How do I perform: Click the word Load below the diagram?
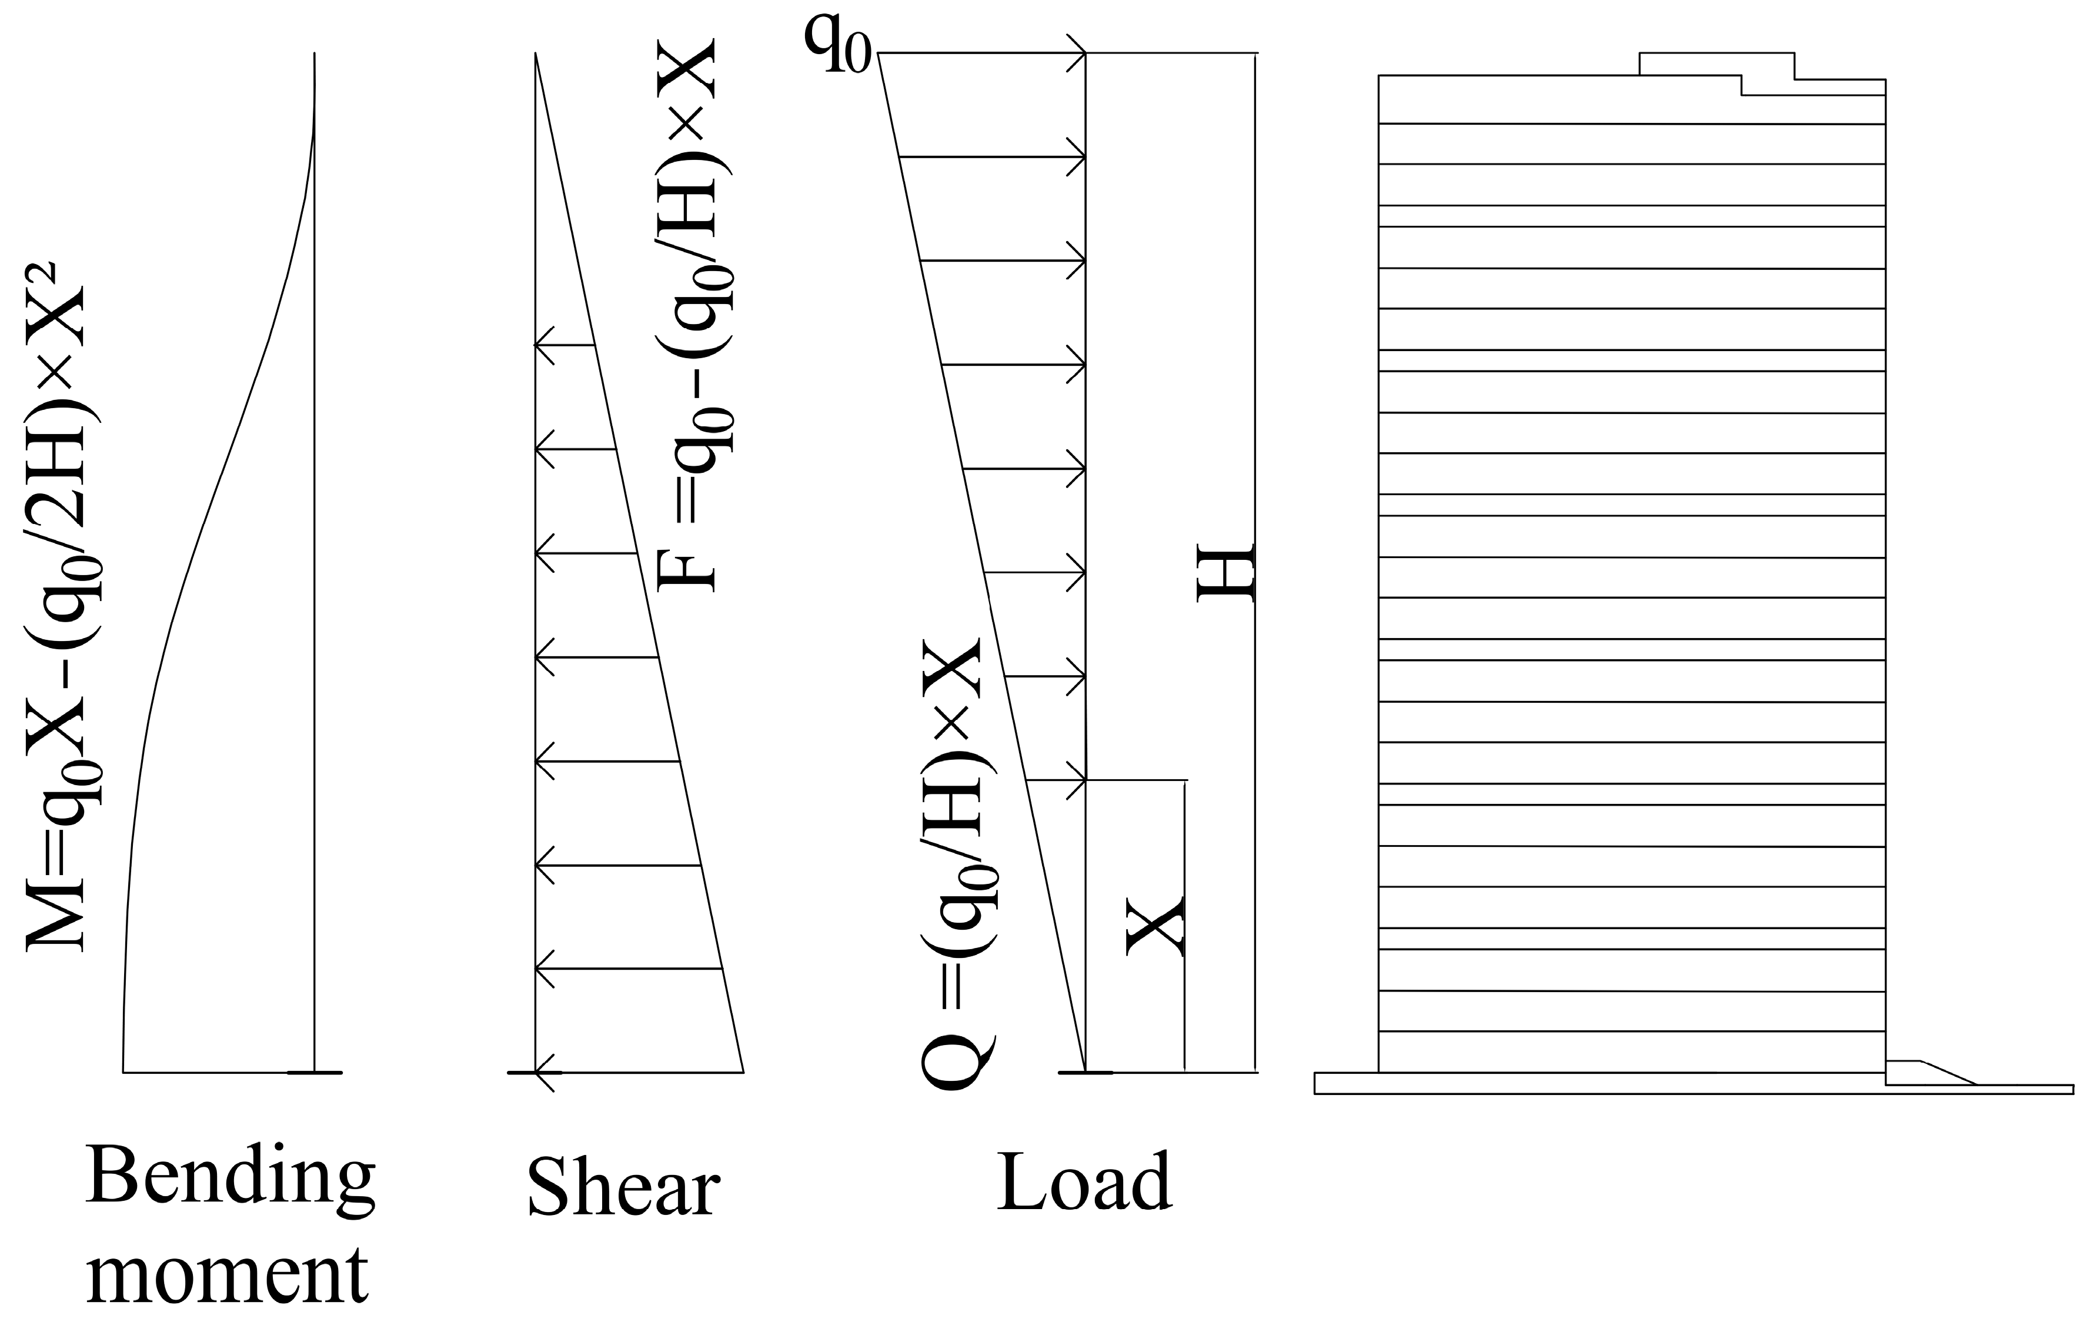click(x=1084, y=1182)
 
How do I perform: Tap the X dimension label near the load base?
click(x=1155, y=926)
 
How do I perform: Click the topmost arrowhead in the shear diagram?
click(x=543, y=345)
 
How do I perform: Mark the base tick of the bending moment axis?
click(x=315, y=1073)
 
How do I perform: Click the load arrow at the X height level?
click(x=1057, y=780)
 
